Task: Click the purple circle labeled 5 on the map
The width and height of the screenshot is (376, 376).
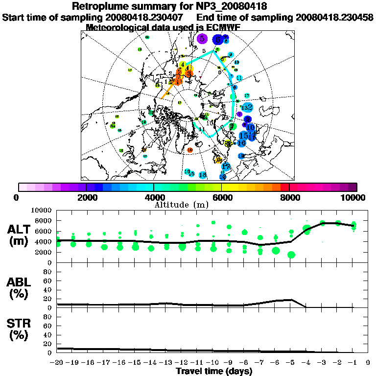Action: (202, 39)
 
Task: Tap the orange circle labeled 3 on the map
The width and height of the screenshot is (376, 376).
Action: (188, 73)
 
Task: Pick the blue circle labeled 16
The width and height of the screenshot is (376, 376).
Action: (241, 143)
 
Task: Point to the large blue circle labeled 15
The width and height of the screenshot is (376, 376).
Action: (243, 136)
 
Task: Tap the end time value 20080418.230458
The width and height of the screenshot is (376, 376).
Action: (334, 17)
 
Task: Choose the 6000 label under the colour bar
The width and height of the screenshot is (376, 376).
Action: (221, 197)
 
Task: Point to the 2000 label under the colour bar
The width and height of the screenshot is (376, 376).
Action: (86, 197)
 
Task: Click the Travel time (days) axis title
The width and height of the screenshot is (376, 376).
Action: (214, 372)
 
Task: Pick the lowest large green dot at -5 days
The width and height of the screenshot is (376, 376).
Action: (291, 255)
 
